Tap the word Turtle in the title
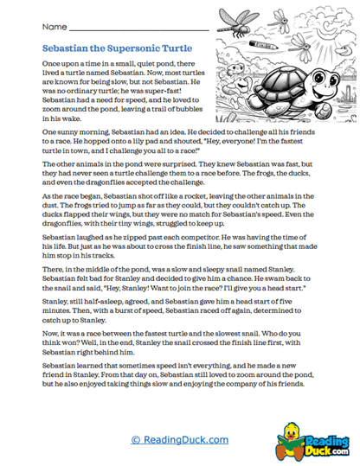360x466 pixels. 177,48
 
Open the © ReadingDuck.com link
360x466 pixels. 179,440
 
